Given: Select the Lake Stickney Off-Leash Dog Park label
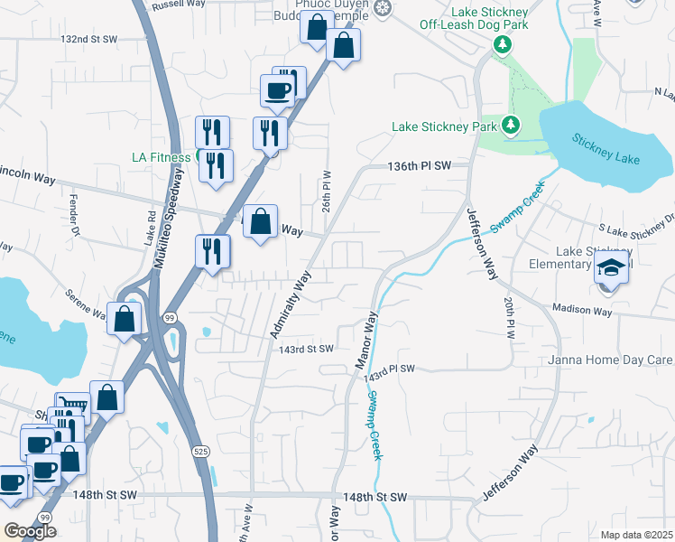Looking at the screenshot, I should tap(478, 18).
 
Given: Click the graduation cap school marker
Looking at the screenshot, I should tap(611, 267).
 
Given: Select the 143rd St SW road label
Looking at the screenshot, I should tap(307, 349).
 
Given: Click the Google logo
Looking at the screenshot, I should tap(30, 531).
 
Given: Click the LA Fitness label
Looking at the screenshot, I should tap(162, 157).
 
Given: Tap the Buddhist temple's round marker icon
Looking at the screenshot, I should tap(384, 8).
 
